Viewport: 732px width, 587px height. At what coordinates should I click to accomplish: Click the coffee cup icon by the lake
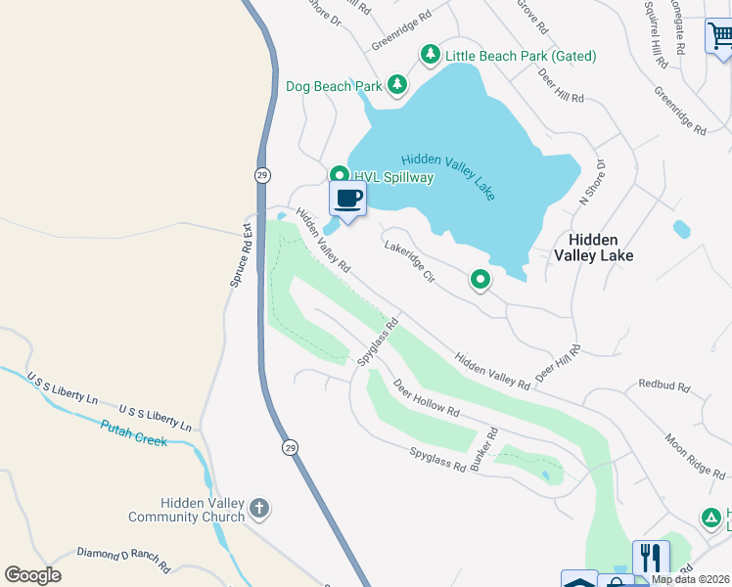point(347,199)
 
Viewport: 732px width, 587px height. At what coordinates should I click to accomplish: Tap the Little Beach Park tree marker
point(430,55)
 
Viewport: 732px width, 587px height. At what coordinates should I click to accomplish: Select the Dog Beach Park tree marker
point(396,86)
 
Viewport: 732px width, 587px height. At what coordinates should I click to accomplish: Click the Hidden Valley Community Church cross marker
point(259,508)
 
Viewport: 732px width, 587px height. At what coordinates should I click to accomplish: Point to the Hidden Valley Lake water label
point(448,175)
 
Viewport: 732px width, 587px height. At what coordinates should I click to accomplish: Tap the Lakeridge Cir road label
point(409,263)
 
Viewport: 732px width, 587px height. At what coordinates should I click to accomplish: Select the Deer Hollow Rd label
point(426,398)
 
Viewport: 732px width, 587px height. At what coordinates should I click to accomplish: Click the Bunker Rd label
point(483,452)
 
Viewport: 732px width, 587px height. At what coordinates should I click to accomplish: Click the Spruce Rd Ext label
point(242,257)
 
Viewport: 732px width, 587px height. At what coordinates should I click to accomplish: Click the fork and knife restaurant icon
point(650,558)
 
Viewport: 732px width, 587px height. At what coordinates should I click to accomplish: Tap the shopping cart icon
point(719,37)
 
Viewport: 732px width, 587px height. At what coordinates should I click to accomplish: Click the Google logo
point(32,575)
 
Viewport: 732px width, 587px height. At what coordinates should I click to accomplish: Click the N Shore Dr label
point(593,181)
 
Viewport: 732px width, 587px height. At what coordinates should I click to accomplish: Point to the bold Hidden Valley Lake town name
point(594,248)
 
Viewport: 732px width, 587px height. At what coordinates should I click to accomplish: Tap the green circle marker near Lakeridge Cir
point(480,281)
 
